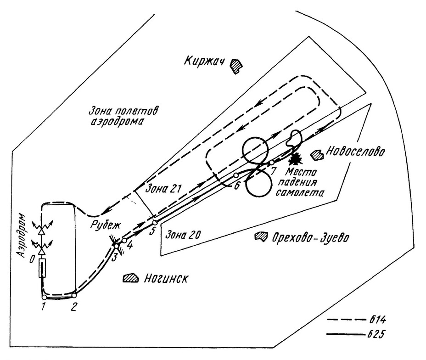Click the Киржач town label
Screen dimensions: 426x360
[x=204, y=61]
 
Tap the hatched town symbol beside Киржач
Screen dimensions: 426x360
[x=236, y=66]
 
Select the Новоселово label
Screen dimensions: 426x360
[x=355, y=152]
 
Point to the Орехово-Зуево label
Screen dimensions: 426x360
[x=310, y=238]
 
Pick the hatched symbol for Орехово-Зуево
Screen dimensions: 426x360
[x=261, y=236]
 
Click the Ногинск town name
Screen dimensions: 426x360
[x=166, y=278]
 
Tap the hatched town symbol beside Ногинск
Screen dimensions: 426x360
[x=131, y=278]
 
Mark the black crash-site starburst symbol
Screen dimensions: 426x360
[x=295, y=158]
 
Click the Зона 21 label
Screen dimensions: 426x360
[x=163, y=188]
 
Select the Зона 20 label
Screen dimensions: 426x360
[x=183, y=235]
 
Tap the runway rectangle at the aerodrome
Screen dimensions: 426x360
[x=42, y=268]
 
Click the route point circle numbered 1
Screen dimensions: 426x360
[x=44, y=297]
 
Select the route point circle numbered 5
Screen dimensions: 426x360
[x=155, y=223]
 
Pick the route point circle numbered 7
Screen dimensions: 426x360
[x=272, y=163]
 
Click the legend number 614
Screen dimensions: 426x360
[x=377, y=320]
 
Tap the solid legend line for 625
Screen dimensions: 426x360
[x=345, y=334]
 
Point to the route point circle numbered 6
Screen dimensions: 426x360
[x=236, y=175]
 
